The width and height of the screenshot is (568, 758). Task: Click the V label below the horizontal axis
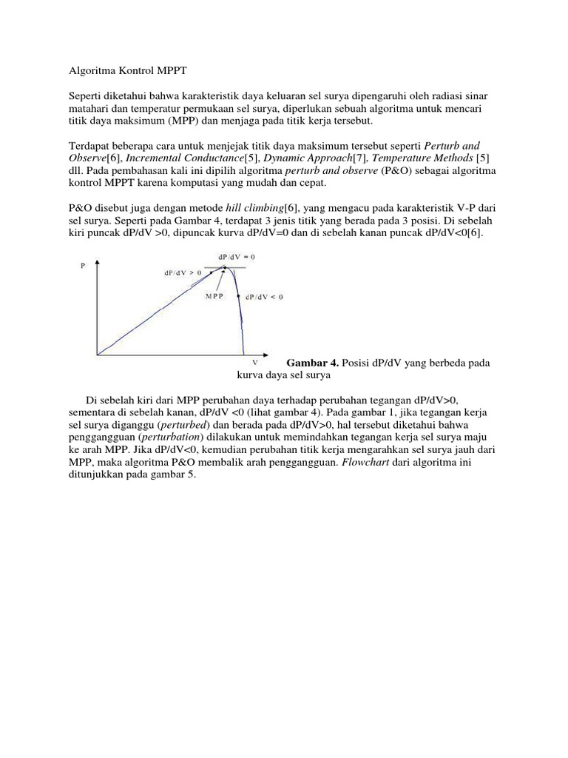[x=255, y=362]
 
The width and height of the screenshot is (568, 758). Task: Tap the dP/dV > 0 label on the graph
[x=183, y=273]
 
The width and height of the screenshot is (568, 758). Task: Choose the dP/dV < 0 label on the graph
[x=264, y=296]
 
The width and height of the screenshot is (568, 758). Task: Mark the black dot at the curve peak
[x=226, y=268]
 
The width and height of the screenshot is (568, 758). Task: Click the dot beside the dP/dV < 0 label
[x=238, y=296]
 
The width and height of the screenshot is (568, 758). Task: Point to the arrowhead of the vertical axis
[x=95, y=261]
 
